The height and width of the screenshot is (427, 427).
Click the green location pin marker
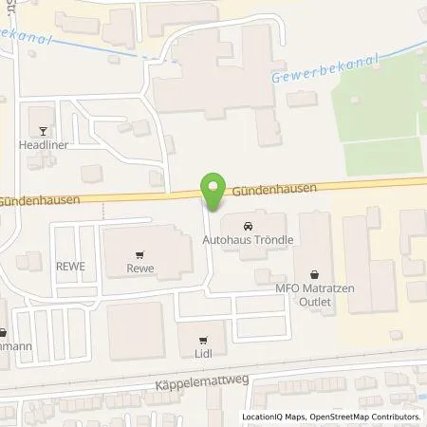point(214,193)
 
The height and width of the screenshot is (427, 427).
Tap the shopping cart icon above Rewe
point(140,253)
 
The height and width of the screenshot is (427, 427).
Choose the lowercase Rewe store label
point(140,269)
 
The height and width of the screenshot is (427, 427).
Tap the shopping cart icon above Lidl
point(203,339)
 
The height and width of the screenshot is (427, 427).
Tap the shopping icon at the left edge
point(3,332)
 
